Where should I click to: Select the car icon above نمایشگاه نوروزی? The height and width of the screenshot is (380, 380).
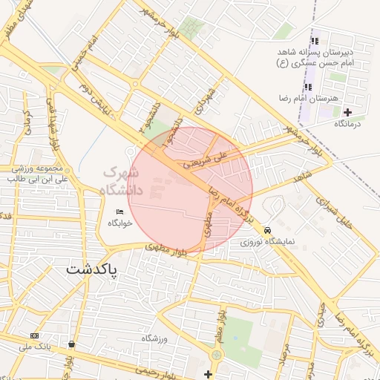tap(267, 231)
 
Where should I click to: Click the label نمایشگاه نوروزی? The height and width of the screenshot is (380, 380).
tap(268, 242)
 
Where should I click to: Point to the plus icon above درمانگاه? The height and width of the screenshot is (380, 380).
tap(347, 112)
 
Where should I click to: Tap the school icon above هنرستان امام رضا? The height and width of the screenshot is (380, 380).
tap(308, 87)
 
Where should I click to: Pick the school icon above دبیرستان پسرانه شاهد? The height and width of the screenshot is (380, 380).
tap(315, 42)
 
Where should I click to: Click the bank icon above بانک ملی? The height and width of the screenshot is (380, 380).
tap(35, 335)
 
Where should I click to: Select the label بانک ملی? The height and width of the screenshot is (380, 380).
tap(35, 347)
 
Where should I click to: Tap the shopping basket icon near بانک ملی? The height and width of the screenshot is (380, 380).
tap(71, 344)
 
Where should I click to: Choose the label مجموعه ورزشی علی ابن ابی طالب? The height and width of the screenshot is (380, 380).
tap(37, 174)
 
